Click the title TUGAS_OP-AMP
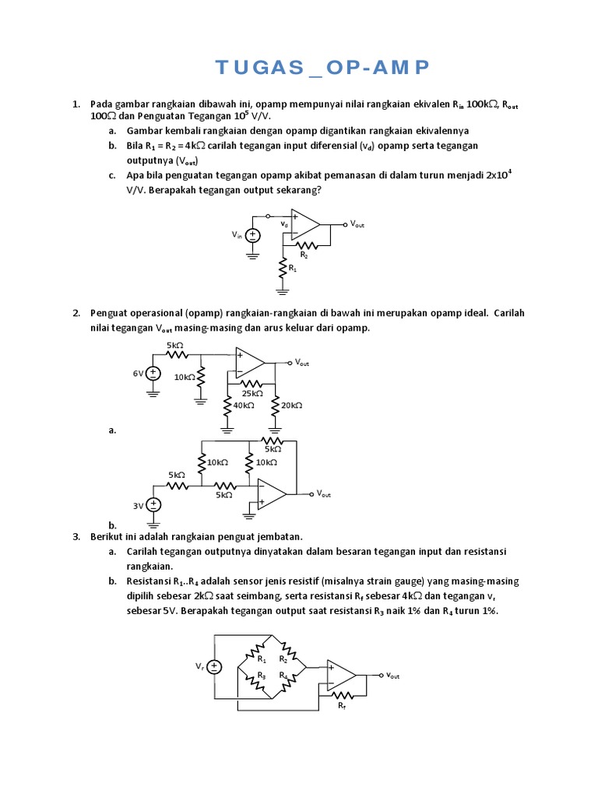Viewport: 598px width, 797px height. pyautogui.click(x=322, y=68)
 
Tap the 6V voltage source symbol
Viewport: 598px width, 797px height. pyautogui.click(x=153, y=374)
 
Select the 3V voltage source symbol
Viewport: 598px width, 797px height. pyautogui.click(x=154, y=505)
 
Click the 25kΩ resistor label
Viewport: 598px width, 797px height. pyautogui.click(x=250, y=393)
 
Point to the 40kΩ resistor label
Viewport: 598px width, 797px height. pyautogui.click(x=243, y=405)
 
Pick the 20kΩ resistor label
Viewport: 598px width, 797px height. pyautogui.click(x=291, y=405)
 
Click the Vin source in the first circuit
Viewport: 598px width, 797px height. pyautogui.click(x=252, y=234)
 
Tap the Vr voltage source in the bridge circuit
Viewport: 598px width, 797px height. pyautogui.click(x=216, y=666)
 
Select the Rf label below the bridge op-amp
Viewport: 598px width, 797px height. pyautogui.click(x=342, y=705)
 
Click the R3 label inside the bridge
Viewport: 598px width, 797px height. pyautogui.click(x=262, y=676)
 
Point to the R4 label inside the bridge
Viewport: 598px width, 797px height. pyautogui.click(x=283, y=676)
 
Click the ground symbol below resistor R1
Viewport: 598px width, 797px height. pyautogui.click(x=282, y=292)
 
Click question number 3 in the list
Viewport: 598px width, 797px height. pyautogui.click(x=76, y=536)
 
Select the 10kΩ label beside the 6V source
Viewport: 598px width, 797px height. pyautogui.click(x=184, y=377)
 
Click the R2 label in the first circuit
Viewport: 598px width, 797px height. pyautogui.click(x=304, y=255)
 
